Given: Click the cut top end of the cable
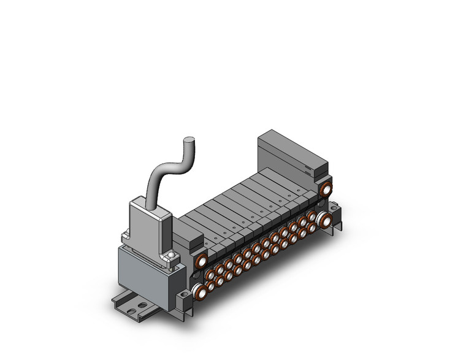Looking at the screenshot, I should (191, 143).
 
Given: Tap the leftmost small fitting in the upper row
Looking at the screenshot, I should (210, 272).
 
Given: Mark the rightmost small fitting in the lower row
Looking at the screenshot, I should (311, 228).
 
